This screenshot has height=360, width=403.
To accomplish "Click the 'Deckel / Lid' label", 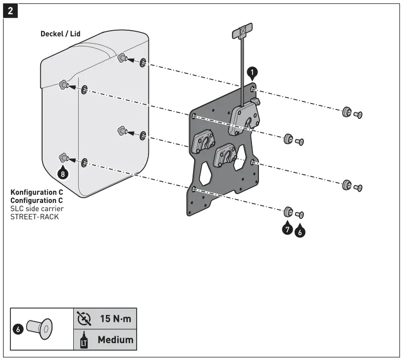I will click(x=60, y=34).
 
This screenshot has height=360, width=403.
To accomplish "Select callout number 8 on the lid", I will click(x=62, y=173).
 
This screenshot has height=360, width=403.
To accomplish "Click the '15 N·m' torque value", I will click(x=115, y=318).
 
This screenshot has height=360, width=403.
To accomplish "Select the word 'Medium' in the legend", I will click(x=115, y=340).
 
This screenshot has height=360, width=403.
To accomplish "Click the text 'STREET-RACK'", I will click(x=34, y=216).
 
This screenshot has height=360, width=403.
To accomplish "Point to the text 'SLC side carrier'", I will click(x=37, y=208).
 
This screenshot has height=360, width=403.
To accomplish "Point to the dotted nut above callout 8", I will click(x=63, y=158).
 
